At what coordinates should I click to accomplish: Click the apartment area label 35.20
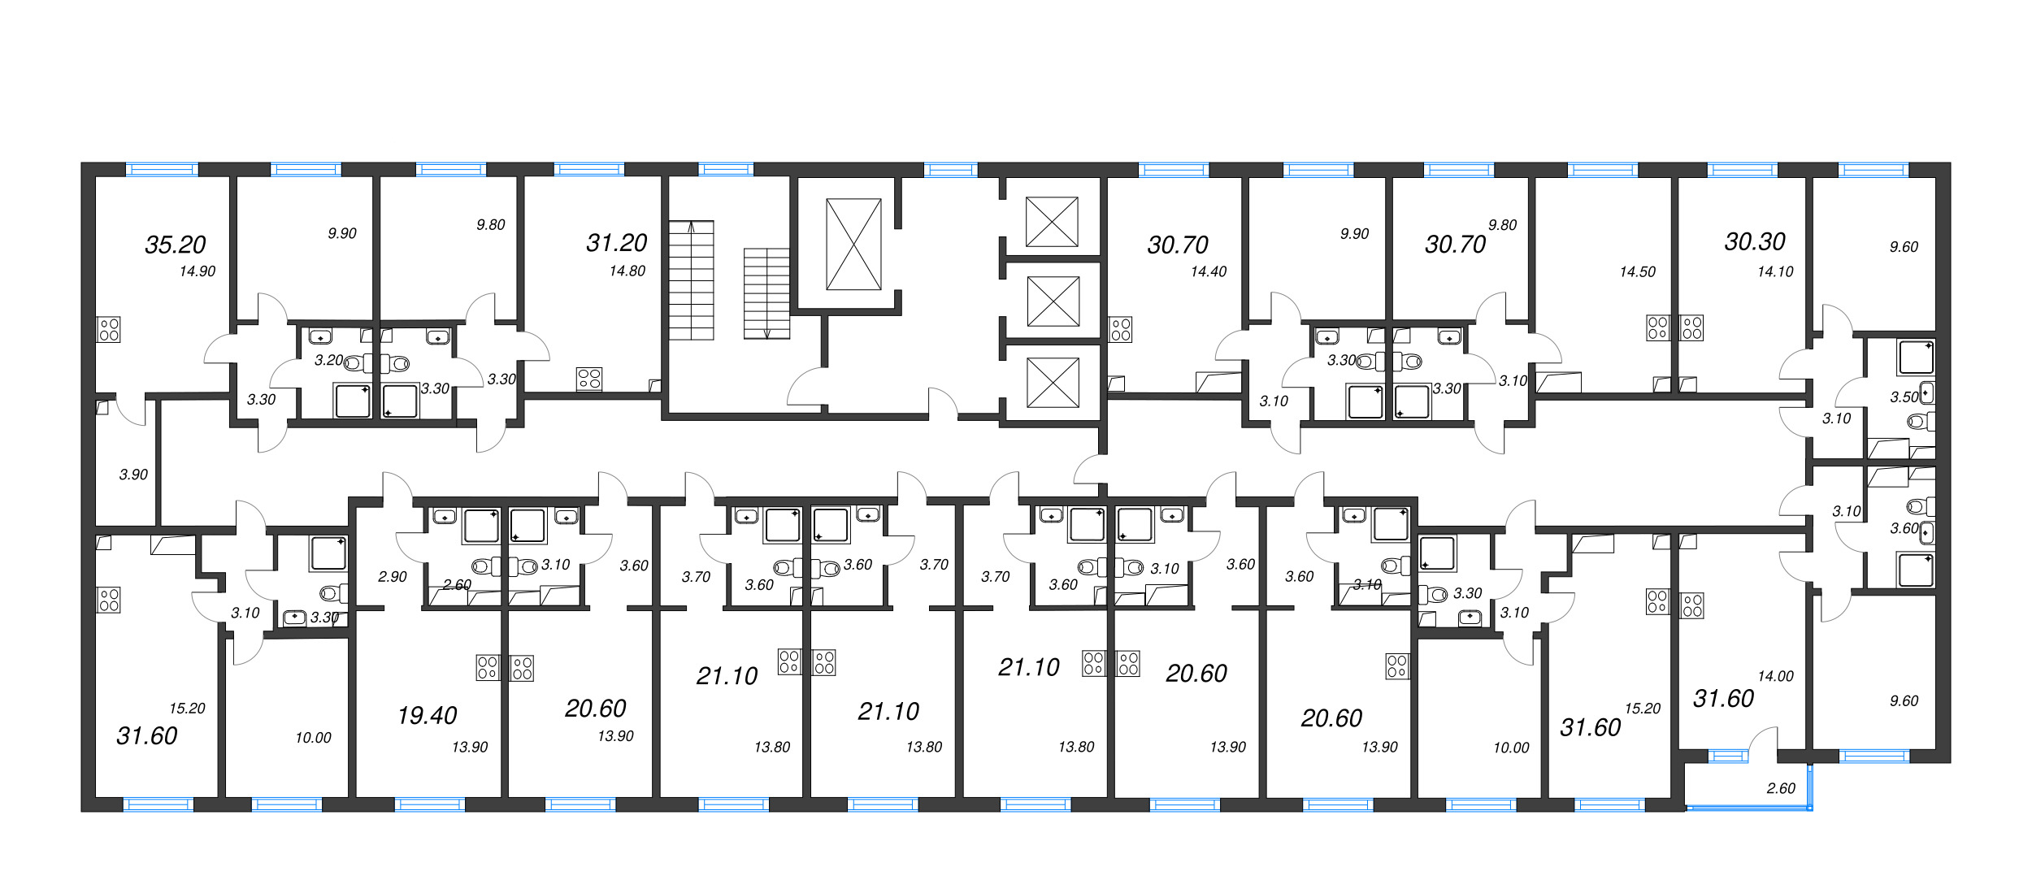[175, 245]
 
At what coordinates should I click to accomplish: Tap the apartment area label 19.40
[427, 716]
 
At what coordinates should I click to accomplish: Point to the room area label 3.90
[133, 475]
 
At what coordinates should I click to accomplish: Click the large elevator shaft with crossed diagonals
[853, 244]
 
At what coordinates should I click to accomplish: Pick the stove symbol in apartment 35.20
[108, 329]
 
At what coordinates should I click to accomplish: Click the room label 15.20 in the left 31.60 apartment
[187, 709]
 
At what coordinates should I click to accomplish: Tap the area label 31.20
[616, 243]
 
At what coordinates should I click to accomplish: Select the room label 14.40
[1208, 272]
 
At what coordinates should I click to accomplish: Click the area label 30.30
[1755, 242]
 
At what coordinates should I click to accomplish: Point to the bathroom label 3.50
[1904, 397]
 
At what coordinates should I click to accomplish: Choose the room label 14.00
[1775, 676]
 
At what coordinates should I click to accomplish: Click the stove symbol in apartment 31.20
[589, 379]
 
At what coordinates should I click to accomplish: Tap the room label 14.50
[1637, 272]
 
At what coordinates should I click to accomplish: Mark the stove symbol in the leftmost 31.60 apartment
[108, 600]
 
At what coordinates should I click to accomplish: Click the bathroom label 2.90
[392, 577]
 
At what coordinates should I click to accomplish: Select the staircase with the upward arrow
[691, 280]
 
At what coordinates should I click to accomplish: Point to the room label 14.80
[627, 271]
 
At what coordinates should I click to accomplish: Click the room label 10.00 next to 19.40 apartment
[313, 738]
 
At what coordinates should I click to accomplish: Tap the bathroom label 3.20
[328, 361]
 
